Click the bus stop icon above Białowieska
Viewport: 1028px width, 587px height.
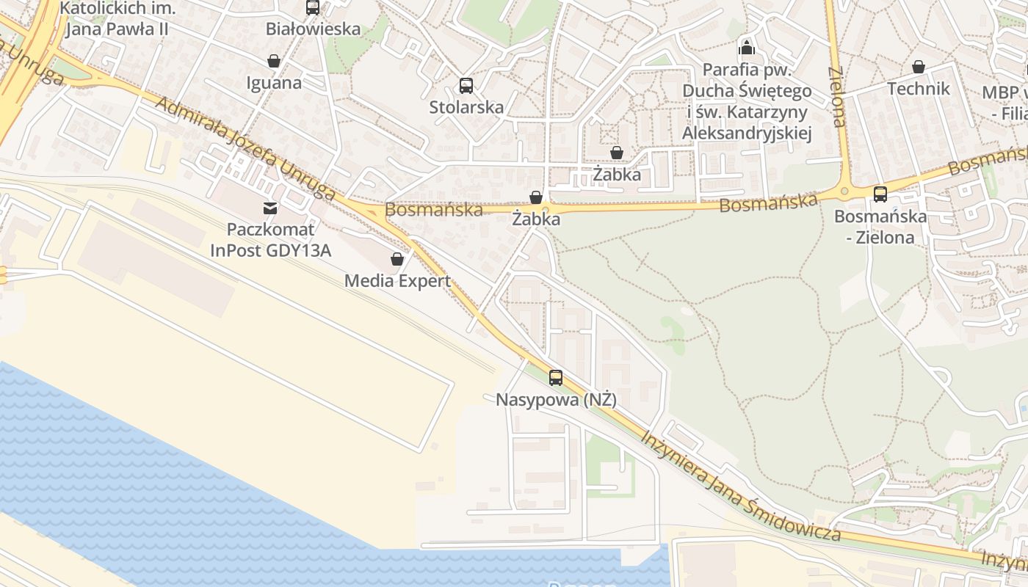pos(313,7)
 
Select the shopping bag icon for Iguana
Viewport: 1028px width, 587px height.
pos(274,61)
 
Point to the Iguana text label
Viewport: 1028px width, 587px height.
pos(275,82)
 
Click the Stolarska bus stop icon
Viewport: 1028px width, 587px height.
pos(466,85)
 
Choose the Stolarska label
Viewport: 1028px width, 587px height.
pos(466,107)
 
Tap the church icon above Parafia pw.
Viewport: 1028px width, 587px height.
pos(747,48)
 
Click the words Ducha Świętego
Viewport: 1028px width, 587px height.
pos(747,91)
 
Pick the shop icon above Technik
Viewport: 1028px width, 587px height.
pos(918,67)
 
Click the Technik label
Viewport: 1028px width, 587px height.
pos(919,89)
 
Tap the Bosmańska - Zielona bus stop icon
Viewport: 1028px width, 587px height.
pos(880,194)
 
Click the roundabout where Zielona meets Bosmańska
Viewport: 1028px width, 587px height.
pos(844,192)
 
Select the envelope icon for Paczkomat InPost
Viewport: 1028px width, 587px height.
pos(270,208)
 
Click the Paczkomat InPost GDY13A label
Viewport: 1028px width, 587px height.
pos(270,240)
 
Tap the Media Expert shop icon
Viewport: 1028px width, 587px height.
pos(397,259)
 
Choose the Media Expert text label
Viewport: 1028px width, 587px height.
pos(397,280)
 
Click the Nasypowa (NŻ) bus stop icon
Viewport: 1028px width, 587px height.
pos(556,378)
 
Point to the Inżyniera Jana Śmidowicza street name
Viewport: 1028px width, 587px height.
pos(741,486)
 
